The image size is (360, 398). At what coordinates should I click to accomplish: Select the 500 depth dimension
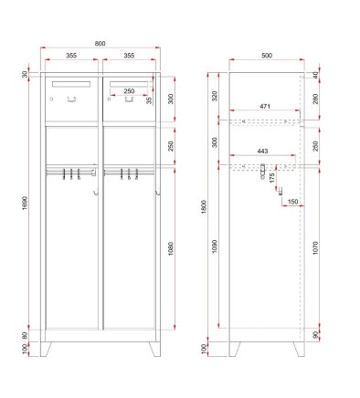tap(266, 57)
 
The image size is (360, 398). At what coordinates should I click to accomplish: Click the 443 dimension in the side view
tap(263, 152)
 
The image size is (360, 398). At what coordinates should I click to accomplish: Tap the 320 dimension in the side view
tap(216, 95)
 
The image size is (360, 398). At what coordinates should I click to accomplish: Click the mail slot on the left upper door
tap(71, 84)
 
